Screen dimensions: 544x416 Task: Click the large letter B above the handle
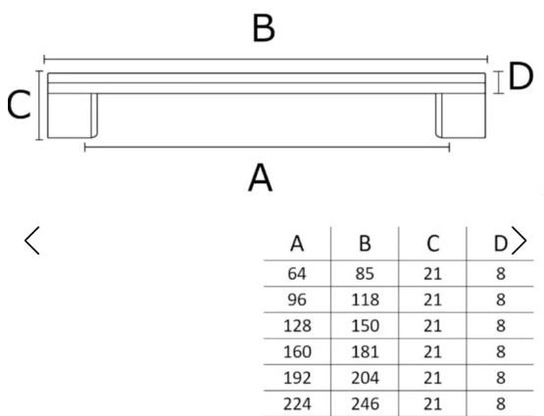[x=264, y=28]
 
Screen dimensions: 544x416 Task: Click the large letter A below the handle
[x=261, y=178]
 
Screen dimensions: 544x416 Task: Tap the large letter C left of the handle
[x=19, y=105]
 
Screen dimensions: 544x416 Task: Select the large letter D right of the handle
[x=520, y=75]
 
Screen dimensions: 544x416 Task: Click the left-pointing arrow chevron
[x=31, y=241]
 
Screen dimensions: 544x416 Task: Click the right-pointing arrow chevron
[x=519, y=241]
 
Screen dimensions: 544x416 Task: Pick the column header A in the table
[x=297, y=244]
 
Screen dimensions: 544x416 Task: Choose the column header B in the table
[x=365, y=244]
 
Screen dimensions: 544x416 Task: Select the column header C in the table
[x=432, y=244]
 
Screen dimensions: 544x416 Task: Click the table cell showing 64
[x=297, y=274]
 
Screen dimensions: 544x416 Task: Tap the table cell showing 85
[x=365, y=274]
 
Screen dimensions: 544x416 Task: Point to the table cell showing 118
[x=365, y=300]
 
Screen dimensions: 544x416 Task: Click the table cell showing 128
[x=297, y=326]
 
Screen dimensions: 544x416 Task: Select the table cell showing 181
[x=365, y=352]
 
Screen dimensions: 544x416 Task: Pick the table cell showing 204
[x=365, y=378]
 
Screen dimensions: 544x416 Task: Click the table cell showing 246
[x=365, y=404]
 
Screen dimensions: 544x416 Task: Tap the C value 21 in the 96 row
[x=432, y=300]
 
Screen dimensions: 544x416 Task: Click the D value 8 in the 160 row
[x=500, y=352]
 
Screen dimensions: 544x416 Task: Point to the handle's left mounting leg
[x=73, y=116]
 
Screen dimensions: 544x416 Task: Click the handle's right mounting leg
[x=461, y=116]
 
